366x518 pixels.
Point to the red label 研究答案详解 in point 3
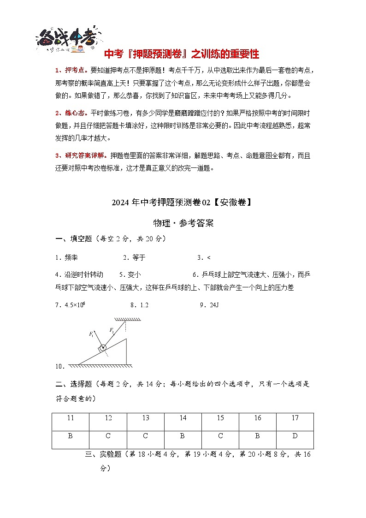(x=82, y=155)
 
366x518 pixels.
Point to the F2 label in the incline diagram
(x=112, y=330)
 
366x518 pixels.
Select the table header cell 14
(x=183, y=418)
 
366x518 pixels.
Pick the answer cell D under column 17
(x=295, y=436)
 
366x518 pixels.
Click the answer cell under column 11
(x=71, y=436)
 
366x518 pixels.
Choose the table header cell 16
(x=258, y=418)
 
